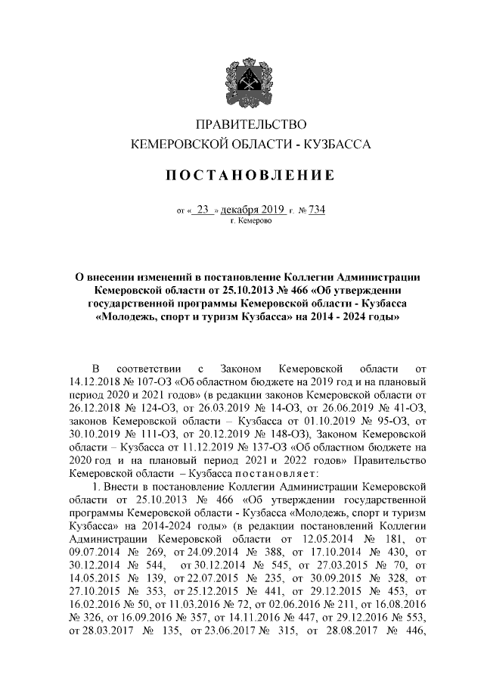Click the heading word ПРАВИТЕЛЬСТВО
(x=250, y=124)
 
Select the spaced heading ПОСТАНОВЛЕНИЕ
(x=250, y=176)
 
